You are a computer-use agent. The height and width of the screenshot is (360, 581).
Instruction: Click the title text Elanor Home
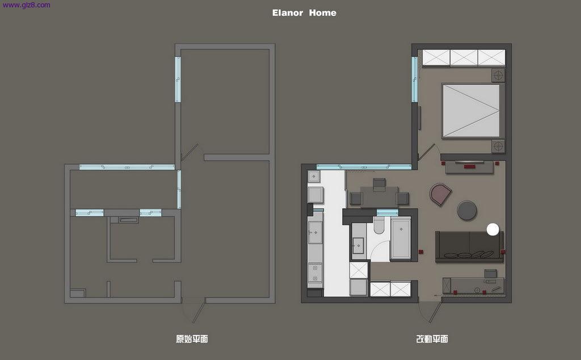coord(304,12)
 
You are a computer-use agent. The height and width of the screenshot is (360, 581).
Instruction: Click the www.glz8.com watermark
coord(26,5)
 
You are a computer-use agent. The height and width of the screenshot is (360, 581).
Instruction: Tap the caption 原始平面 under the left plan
coord(192,339)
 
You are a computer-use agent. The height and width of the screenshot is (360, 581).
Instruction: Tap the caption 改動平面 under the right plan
coord(432,339)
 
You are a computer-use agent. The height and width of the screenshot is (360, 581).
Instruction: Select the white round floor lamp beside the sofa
coord(493,229)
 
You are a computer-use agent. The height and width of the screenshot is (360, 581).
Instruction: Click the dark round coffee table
coord(467,211)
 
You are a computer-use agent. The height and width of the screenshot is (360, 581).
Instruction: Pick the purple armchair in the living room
coord(440,194)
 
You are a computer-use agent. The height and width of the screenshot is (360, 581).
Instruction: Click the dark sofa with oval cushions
coord(469,246)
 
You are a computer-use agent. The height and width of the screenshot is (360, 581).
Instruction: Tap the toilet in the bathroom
coord(378,225)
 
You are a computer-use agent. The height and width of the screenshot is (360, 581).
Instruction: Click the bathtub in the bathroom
coord(401,238)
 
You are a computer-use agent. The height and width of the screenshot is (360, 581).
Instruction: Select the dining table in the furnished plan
coord(379,197)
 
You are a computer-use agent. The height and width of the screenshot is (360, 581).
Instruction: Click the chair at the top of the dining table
coord(379,184)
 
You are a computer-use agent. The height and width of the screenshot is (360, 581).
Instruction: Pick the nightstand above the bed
coord(498,76)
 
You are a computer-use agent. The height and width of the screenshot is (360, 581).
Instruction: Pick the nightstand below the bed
coord(498,146)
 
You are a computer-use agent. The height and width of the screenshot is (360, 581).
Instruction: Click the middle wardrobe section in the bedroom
coord(464,58)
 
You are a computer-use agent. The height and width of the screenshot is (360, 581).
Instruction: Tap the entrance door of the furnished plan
coord(435,312)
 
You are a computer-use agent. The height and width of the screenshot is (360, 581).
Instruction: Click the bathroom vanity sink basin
coord(359,245)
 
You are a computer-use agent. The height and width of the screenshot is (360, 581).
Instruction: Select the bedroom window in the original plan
coord(178,79)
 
